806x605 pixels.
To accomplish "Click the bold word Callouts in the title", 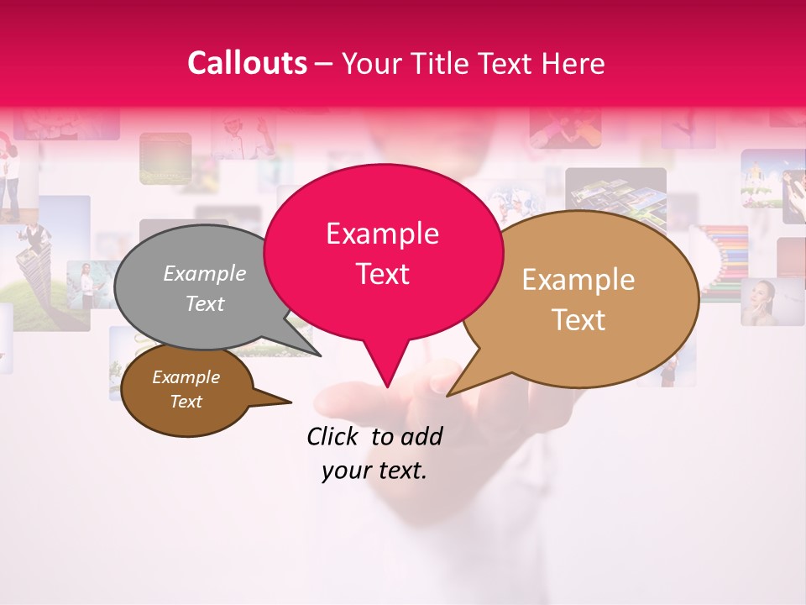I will pyautogui.click(x=247, y=63).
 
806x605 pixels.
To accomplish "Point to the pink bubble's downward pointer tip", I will pyautogui.click(x=386, y=386).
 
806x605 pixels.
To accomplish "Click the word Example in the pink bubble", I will pyautogui.click(x=382, y=234).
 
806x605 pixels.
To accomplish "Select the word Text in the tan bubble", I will pyautogui.click(x=579, y=320).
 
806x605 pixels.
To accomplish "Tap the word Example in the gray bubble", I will pyautogui.click(x=204, y=274).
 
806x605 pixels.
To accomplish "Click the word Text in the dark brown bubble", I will pyautogui.click(x=186, y=402).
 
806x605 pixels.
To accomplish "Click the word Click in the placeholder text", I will pyautogui.click(x=332, y=436).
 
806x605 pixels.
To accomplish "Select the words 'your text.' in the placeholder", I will pyautogui.click(x=374, y=471).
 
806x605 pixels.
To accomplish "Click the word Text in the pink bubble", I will pyautogui.click(x=382, y=274).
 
